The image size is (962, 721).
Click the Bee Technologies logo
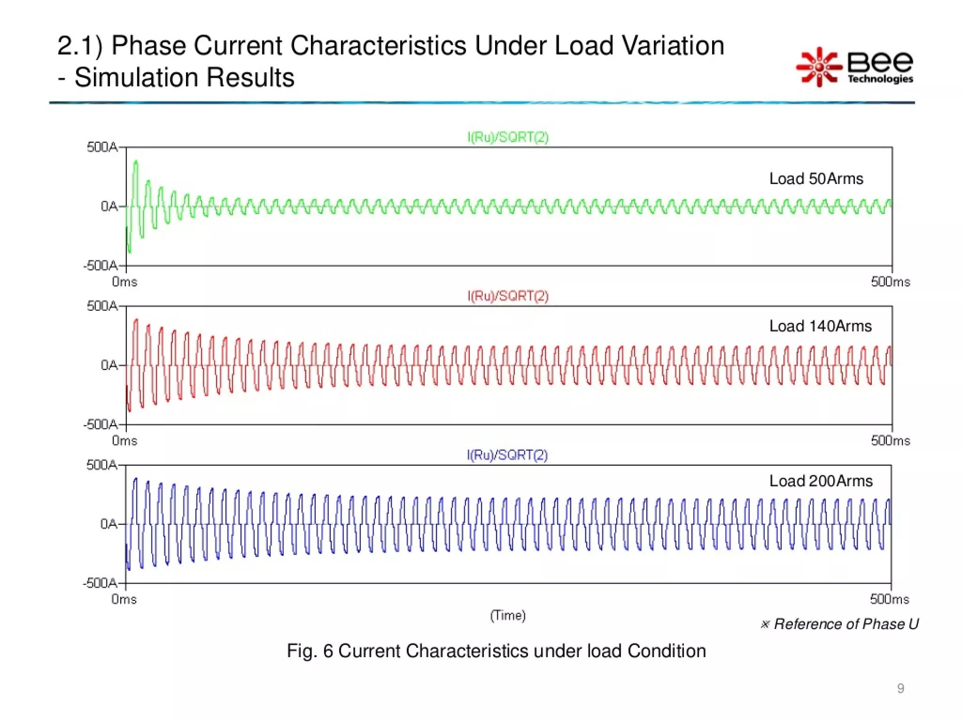[855, 67]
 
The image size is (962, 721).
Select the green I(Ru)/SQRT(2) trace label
[508, 137]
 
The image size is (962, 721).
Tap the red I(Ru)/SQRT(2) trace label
[508, 296]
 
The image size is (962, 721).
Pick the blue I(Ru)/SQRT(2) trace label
[507, 455]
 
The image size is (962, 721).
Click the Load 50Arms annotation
[816, 179]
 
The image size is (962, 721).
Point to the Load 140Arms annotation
[820, 326]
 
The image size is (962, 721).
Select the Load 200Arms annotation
[821, 481]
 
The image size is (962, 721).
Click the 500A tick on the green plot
[102, 147]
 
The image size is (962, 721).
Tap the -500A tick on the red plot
[101, 425]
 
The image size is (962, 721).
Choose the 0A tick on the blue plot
[109, 524]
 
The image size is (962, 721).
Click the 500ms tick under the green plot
[890, 282]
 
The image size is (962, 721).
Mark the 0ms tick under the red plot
[124, 441]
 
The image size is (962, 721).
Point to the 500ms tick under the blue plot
[889, 599]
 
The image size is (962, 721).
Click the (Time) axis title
[508, 615]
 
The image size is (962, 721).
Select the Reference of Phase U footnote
[840, 624]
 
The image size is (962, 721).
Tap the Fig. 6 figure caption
[496, 651]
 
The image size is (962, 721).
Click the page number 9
[900, 688]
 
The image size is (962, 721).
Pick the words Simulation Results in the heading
[184, 77]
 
